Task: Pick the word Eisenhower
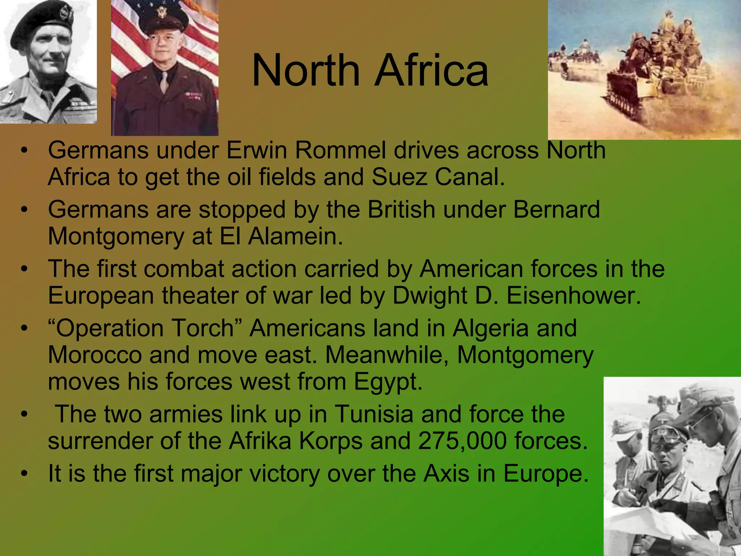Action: point(573,295)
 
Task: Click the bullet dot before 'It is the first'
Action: point(24,473)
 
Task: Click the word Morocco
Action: point(95,355)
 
